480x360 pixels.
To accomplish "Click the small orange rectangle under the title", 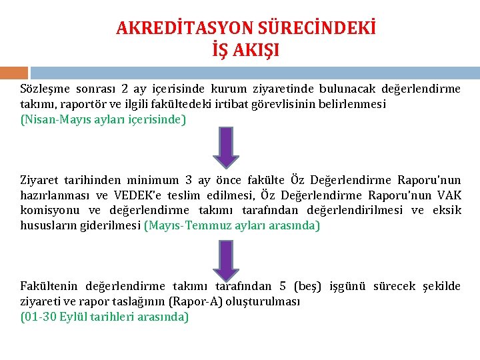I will (x=14, y=72).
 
